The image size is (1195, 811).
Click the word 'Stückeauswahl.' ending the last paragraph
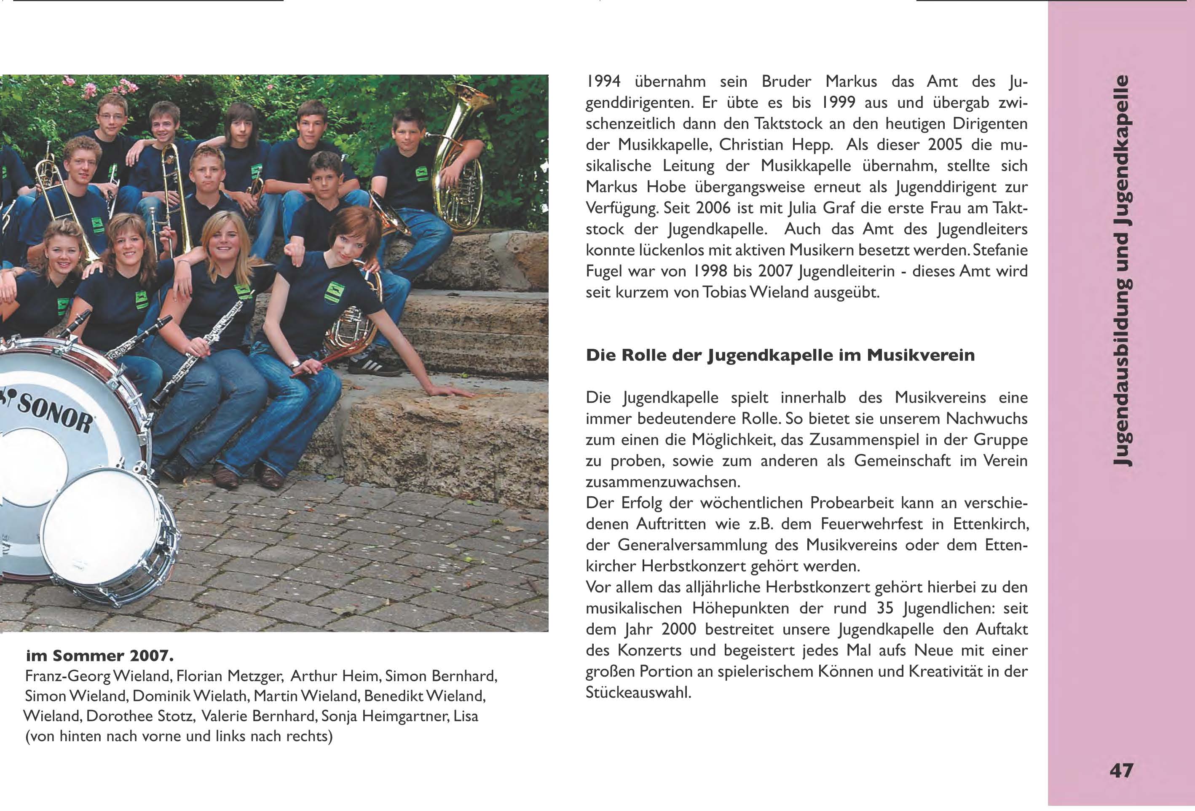coord(638,693)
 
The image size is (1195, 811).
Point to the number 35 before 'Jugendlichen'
coord(883,609)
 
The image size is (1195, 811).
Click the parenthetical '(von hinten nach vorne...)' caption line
coord(179,736)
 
